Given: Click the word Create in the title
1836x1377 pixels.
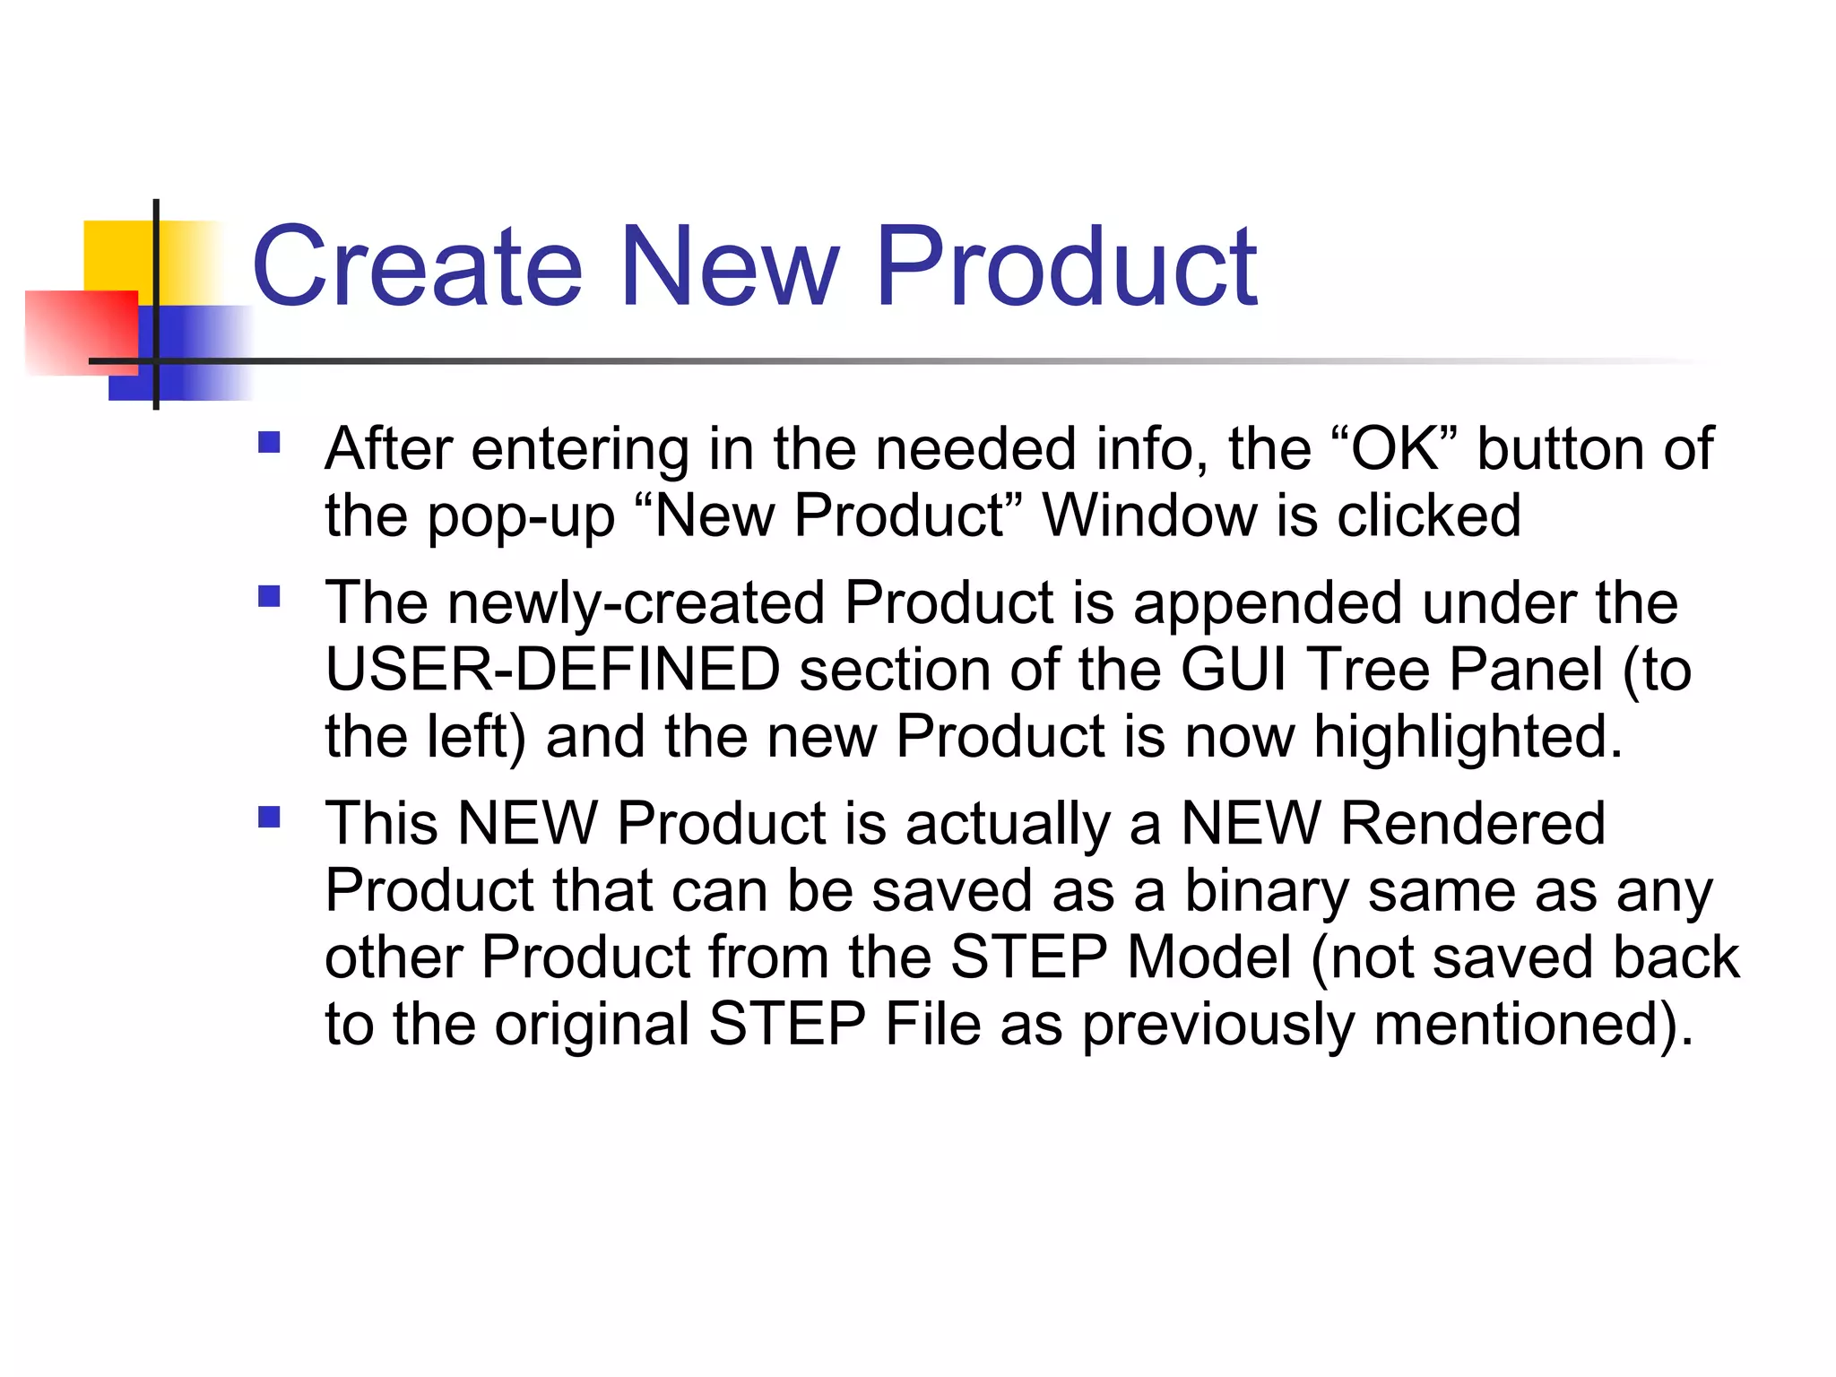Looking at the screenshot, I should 418,266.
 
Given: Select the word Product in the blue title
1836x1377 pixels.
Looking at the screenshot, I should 1067,266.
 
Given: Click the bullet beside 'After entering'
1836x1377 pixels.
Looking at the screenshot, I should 269,443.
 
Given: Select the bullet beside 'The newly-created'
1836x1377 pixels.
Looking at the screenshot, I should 269,596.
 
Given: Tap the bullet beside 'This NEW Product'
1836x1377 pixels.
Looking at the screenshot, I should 269,817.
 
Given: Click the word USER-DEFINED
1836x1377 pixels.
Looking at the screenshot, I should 552,670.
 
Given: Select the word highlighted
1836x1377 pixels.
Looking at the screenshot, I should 1468,737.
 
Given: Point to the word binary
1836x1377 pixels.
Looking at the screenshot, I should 1266,891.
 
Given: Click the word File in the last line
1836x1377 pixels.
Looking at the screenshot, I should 933,1024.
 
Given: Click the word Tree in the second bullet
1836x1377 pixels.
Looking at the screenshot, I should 1368,670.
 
